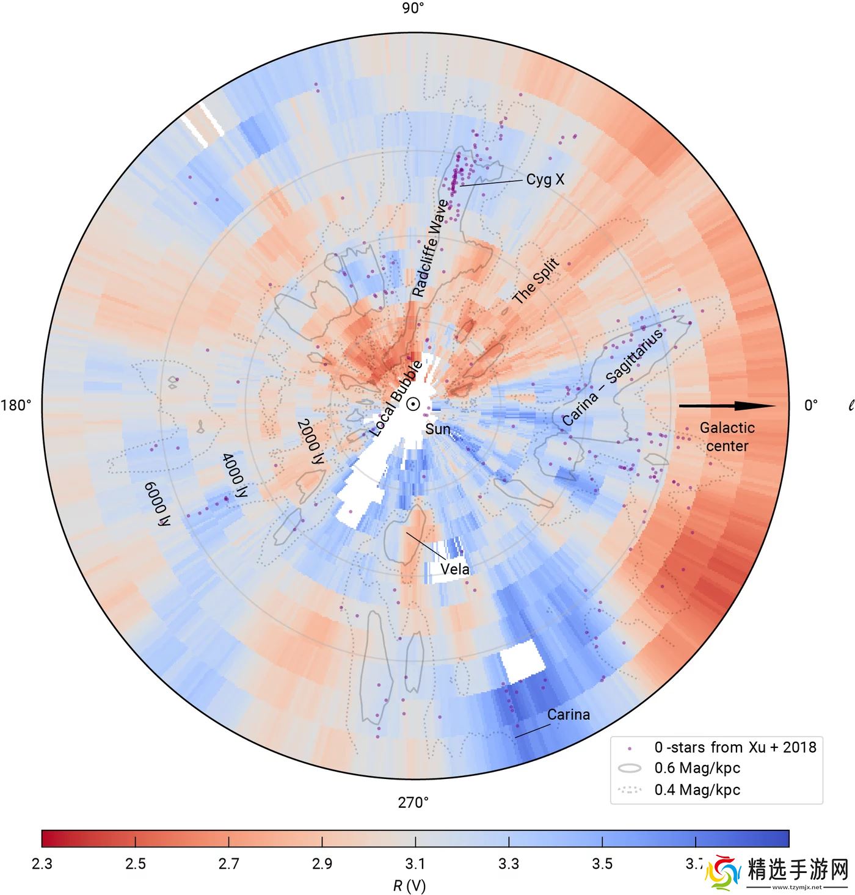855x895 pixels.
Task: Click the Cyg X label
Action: point(545,179)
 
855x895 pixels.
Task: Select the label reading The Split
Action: point(535,282)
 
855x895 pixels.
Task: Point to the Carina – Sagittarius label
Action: point(613,378)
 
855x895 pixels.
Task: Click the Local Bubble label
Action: point(396,399)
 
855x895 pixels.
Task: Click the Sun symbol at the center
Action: point(413,404)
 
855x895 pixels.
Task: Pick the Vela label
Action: point(455,570)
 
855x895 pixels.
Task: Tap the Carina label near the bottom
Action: point(568,714)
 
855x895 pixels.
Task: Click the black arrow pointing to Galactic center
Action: point(727,406)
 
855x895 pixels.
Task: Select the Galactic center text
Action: point(727,437)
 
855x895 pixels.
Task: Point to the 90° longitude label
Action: point(413,8)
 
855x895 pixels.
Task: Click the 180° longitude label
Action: point(16,405)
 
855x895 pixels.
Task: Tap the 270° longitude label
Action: point(413,802)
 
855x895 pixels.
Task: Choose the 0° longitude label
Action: point(810,405)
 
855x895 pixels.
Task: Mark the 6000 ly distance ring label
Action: point(158,504)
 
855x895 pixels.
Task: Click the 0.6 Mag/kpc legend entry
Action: point(697,768)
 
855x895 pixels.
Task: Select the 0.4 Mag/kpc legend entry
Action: point(697,790)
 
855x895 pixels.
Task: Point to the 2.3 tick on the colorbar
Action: point(42,864)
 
